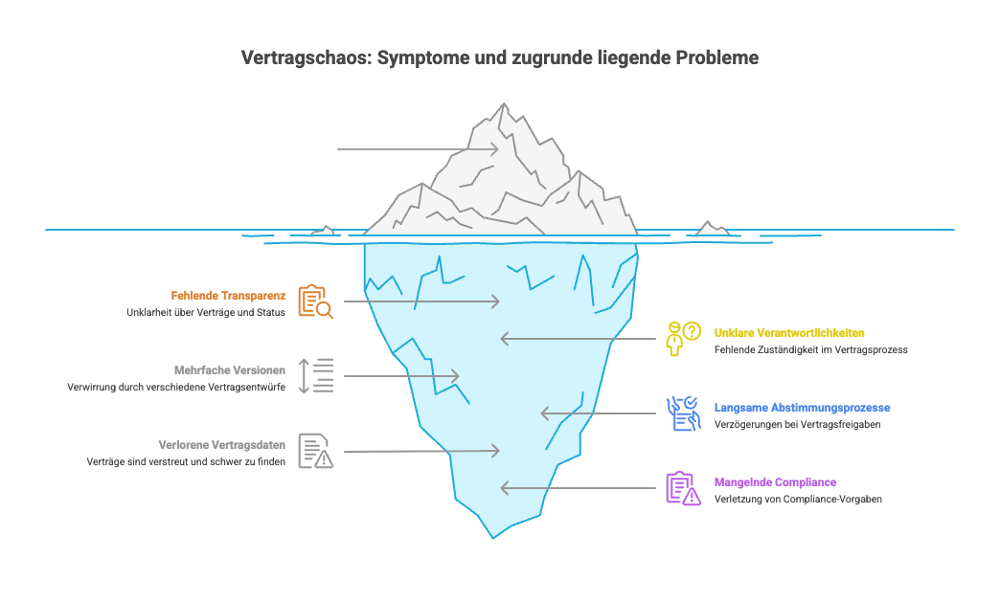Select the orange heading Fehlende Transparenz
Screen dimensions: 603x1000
coord(229,296)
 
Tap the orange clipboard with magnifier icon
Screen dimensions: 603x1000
coord(315,301)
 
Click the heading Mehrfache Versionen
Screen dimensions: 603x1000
coord(230,370)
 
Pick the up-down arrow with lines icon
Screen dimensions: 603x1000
coord(315,376)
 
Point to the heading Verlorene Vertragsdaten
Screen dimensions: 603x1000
coord(221,445)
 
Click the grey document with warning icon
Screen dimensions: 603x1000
coord(315,451)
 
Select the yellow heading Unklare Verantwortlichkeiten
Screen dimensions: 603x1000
coord(789,333)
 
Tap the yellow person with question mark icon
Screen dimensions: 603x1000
coord(683,339)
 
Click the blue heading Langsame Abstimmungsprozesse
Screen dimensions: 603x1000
coord(802,408)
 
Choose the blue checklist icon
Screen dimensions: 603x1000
coord(683,413)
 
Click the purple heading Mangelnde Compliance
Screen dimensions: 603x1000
coord(775,482)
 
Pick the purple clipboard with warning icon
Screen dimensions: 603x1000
coord(683,488)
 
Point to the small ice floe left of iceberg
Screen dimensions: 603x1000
coord(324,231)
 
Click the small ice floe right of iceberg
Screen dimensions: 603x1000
coord(711,230)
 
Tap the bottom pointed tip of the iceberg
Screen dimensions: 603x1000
coord(494,534)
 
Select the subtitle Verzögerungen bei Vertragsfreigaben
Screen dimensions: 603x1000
coord(797,425)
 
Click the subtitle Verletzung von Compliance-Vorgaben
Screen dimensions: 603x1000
coord(798,500)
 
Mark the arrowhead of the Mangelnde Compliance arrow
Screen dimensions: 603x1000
coord(504,488)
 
